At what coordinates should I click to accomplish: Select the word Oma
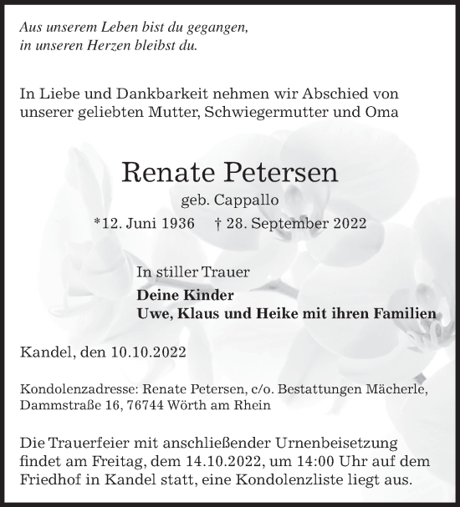383,112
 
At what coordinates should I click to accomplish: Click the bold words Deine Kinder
185,295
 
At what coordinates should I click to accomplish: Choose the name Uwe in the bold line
153,313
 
